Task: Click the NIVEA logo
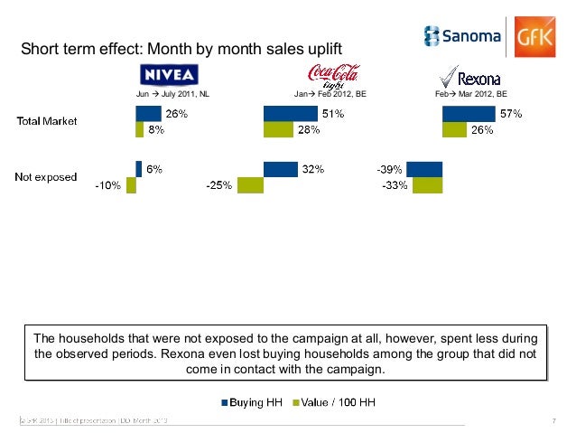coord(166,74)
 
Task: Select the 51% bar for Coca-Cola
coord(291,113)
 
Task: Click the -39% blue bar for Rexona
coord(424,169)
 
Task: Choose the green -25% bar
coord(249,185)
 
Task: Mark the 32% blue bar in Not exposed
coord(280,169)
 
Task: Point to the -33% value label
coord(393,185)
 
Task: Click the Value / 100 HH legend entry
coord(332,398)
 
